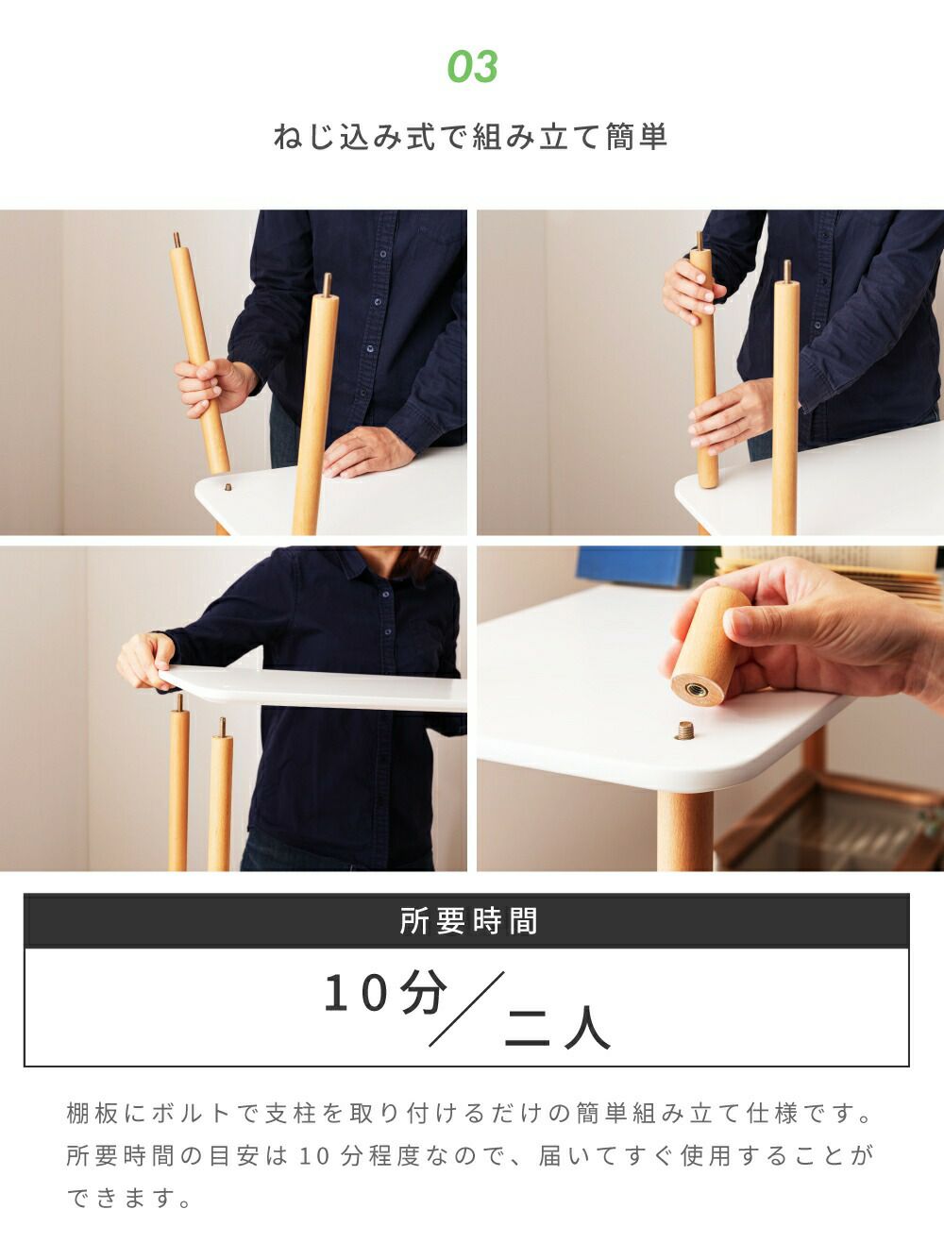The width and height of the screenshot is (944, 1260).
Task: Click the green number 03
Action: (x=472, y=67)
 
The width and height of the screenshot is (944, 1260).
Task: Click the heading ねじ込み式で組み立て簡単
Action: (x=471, y=138)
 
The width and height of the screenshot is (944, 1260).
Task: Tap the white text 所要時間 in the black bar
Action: (x=468, y=921)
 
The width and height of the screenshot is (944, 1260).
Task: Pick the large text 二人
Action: (x=557, y=1030)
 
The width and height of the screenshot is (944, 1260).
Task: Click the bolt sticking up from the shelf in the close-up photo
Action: (x=684, y=731)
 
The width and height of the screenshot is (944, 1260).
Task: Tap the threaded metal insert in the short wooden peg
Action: (x=697, y=689)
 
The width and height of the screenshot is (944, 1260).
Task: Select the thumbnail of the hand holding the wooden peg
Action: (x=711, y=708)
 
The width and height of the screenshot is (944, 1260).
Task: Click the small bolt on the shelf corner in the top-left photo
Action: (x=228, y=487)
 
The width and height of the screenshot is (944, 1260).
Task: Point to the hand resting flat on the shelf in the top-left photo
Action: (x=366, y=452)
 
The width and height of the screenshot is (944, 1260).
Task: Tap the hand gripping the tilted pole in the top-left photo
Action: (x=213, y=384)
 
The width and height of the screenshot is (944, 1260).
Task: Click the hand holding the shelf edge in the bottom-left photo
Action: (x=146, y=660)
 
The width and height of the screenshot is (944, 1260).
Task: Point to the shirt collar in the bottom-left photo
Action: (x=356, y=565)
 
